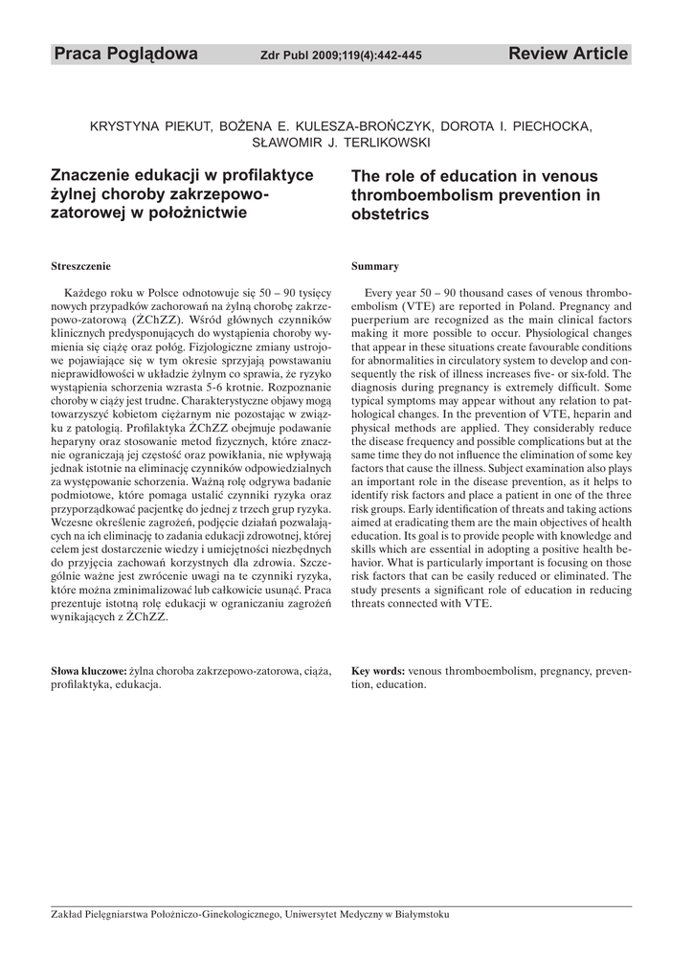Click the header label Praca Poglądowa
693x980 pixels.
pyautogui.click(x=125, y=55)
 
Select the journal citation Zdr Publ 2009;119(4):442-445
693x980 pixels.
pyautogui.click(x=341, y=56)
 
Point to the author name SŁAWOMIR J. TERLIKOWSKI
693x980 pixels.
pyautogui.click(x=341, y=143)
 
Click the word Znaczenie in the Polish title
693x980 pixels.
pyautogui.click(x=93, y=176)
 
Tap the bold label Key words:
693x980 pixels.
pyautogui.click(x=378, y=671)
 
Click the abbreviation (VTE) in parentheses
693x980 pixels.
pyautogui.click(x=418, y=304)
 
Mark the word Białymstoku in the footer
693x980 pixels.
pyautogui.click(x=419, y=914)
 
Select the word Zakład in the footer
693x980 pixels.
pyautogui.click(x=66, y=914)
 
